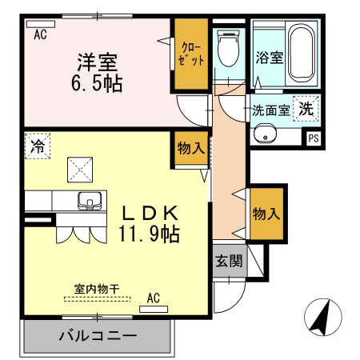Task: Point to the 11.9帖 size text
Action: click(149, 234)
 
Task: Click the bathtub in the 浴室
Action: click(302, 53)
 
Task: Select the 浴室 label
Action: click(268, 58)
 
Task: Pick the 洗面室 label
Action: click(270, 110)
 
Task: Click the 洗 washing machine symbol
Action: click(306, 107)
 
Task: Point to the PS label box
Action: click(313, 138)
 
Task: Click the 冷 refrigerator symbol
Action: click(37, 146)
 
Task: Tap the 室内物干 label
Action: click(97, 290)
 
